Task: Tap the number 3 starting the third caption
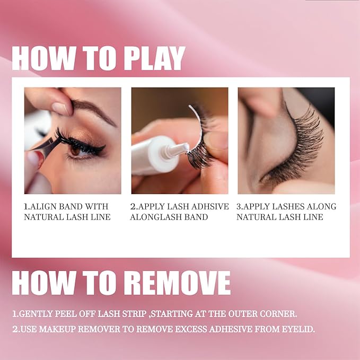[x=239, y=206]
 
